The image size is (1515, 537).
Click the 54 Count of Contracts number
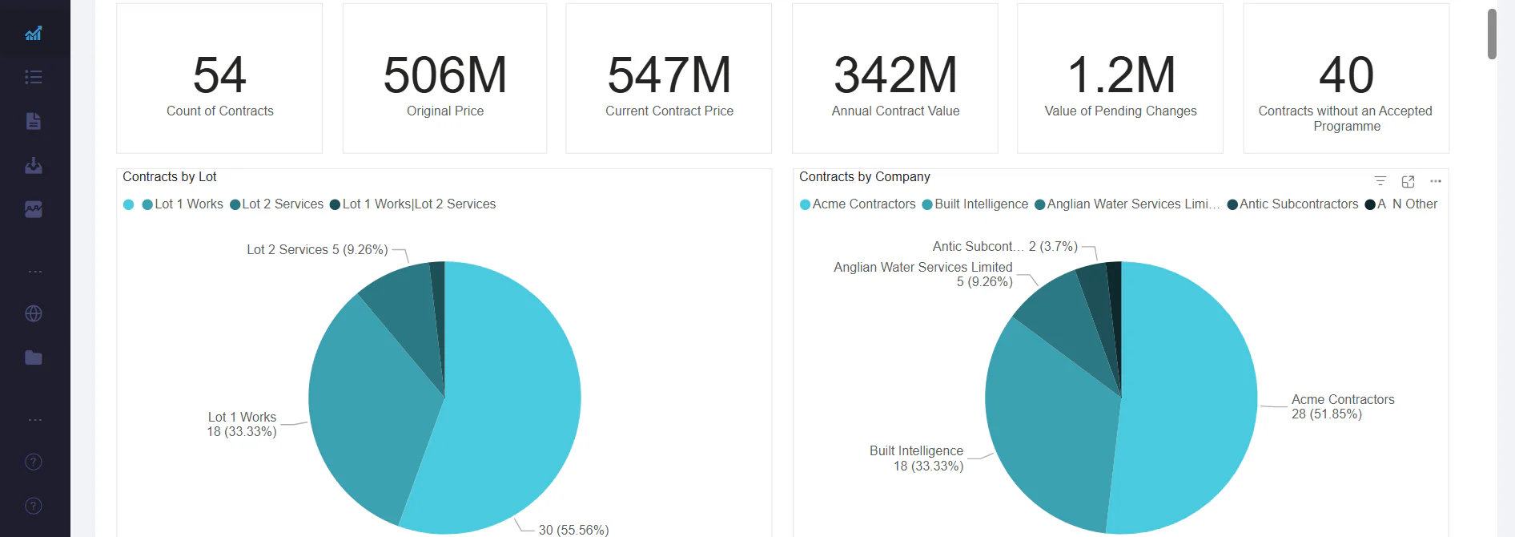click(219, 75)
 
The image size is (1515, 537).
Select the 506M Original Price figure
click(445, 75)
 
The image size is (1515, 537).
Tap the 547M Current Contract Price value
click(669, 75)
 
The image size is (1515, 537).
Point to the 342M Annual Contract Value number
click(895, 75)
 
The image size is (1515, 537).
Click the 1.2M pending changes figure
click(1121, 75)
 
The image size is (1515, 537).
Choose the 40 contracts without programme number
click(1346, 75)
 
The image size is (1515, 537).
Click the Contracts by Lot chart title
click(170, 177)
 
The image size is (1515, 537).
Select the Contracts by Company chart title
click(865, 177)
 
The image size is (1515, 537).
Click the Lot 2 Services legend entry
click(282, 204)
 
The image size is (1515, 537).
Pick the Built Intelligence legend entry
click(981, 204)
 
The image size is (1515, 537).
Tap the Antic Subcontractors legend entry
click(1298, 204)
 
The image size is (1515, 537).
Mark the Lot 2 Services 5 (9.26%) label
click(317, 250)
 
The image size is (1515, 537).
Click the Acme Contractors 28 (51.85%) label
click(1342, 407)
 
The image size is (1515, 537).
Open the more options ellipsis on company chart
click(1436, 182)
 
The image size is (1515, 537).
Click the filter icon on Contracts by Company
click(1380, 182)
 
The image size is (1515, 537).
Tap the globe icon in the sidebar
click(34, 314)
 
